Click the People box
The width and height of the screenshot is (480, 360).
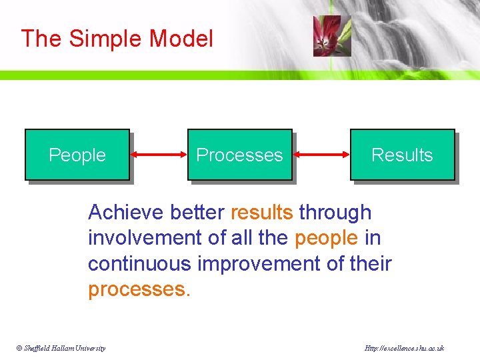pyautogui.click(x=77, y=155)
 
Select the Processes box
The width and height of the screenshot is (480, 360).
pyautogui.click(x=239, y=155)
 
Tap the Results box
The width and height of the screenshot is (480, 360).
pyautogui.click(x=402, y=155)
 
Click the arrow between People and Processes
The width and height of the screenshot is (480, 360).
pyautogui.click(x=159, y=155)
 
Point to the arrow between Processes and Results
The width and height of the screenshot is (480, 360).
pyautogui.click(x=321, y=155)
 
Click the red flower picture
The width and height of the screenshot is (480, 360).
pyautogui.click(x=327, y=36)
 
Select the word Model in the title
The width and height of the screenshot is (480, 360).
pyautogui.click(x=181, y=39)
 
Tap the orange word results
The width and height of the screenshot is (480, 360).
pyautogui.click(x=261, y=213)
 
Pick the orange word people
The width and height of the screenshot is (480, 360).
pyautogui.click(x=325, y=238)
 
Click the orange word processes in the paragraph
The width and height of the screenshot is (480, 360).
pyautogui.click(x=138, y=290)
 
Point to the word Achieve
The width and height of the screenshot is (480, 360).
pyautogui.click(x=126, y=213)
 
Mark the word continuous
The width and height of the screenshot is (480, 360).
pyautogui.click(x=139, y=264)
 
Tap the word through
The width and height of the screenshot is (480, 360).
pyautogui.click(x=335, y=213)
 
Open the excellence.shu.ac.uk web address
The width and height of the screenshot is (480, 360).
pyautogui.click(x=405, y=349)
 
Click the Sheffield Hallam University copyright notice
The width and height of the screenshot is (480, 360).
pyautogui.click(x=62, y=349)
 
